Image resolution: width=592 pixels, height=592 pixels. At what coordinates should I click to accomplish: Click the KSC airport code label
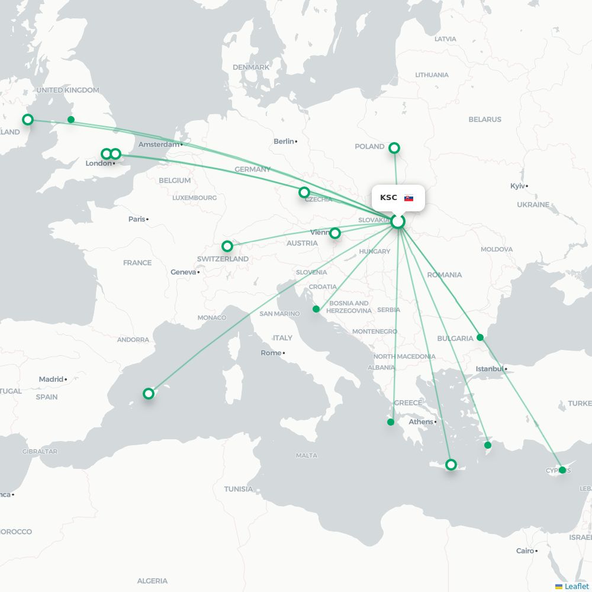(388, 198)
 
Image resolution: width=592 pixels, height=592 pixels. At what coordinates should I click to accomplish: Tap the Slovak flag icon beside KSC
(408, 198)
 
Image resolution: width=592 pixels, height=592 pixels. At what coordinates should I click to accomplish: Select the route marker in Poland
(394, 147)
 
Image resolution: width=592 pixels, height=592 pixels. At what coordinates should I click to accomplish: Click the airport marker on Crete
(451, 465)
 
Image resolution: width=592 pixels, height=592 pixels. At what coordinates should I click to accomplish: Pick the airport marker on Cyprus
(562, 470)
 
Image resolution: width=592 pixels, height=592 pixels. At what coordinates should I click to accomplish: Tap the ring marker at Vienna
(335, 233)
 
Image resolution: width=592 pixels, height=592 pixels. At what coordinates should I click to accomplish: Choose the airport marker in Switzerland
(227, 246)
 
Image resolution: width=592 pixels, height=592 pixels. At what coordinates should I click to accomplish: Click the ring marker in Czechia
(304, 192)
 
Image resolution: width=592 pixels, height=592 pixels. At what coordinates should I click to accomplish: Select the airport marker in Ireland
(27, 120)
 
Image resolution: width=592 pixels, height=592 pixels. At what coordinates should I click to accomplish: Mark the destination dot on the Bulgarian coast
(480, 337)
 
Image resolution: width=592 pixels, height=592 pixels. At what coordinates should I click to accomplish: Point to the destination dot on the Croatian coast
(316, 309)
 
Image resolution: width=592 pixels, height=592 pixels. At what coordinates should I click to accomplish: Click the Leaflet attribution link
(576, 586)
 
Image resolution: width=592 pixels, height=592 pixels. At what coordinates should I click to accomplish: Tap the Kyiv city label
(517, 186)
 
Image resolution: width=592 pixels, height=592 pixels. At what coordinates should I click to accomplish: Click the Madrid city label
(51, 379)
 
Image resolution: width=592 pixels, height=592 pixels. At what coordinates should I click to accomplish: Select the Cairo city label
(525, 551)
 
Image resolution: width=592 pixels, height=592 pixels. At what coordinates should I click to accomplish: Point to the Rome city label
(271, 353)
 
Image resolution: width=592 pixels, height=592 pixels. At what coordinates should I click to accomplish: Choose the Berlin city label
(284, 141)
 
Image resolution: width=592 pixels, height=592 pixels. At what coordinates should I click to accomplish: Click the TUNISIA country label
(239, 489)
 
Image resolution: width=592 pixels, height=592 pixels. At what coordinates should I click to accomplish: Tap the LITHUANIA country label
(432, 75)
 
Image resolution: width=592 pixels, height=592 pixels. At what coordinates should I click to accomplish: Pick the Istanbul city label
(490, 369)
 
